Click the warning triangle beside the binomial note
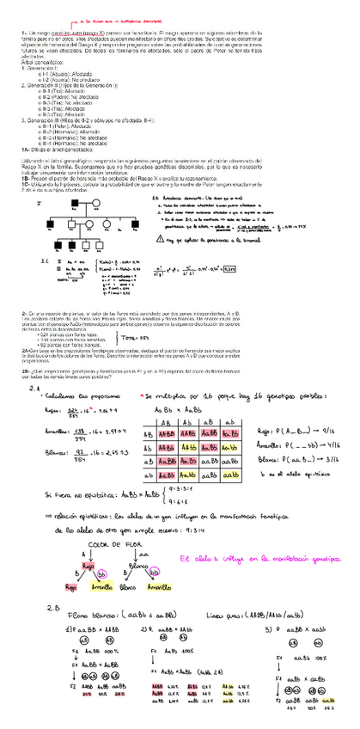(164, 239)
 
